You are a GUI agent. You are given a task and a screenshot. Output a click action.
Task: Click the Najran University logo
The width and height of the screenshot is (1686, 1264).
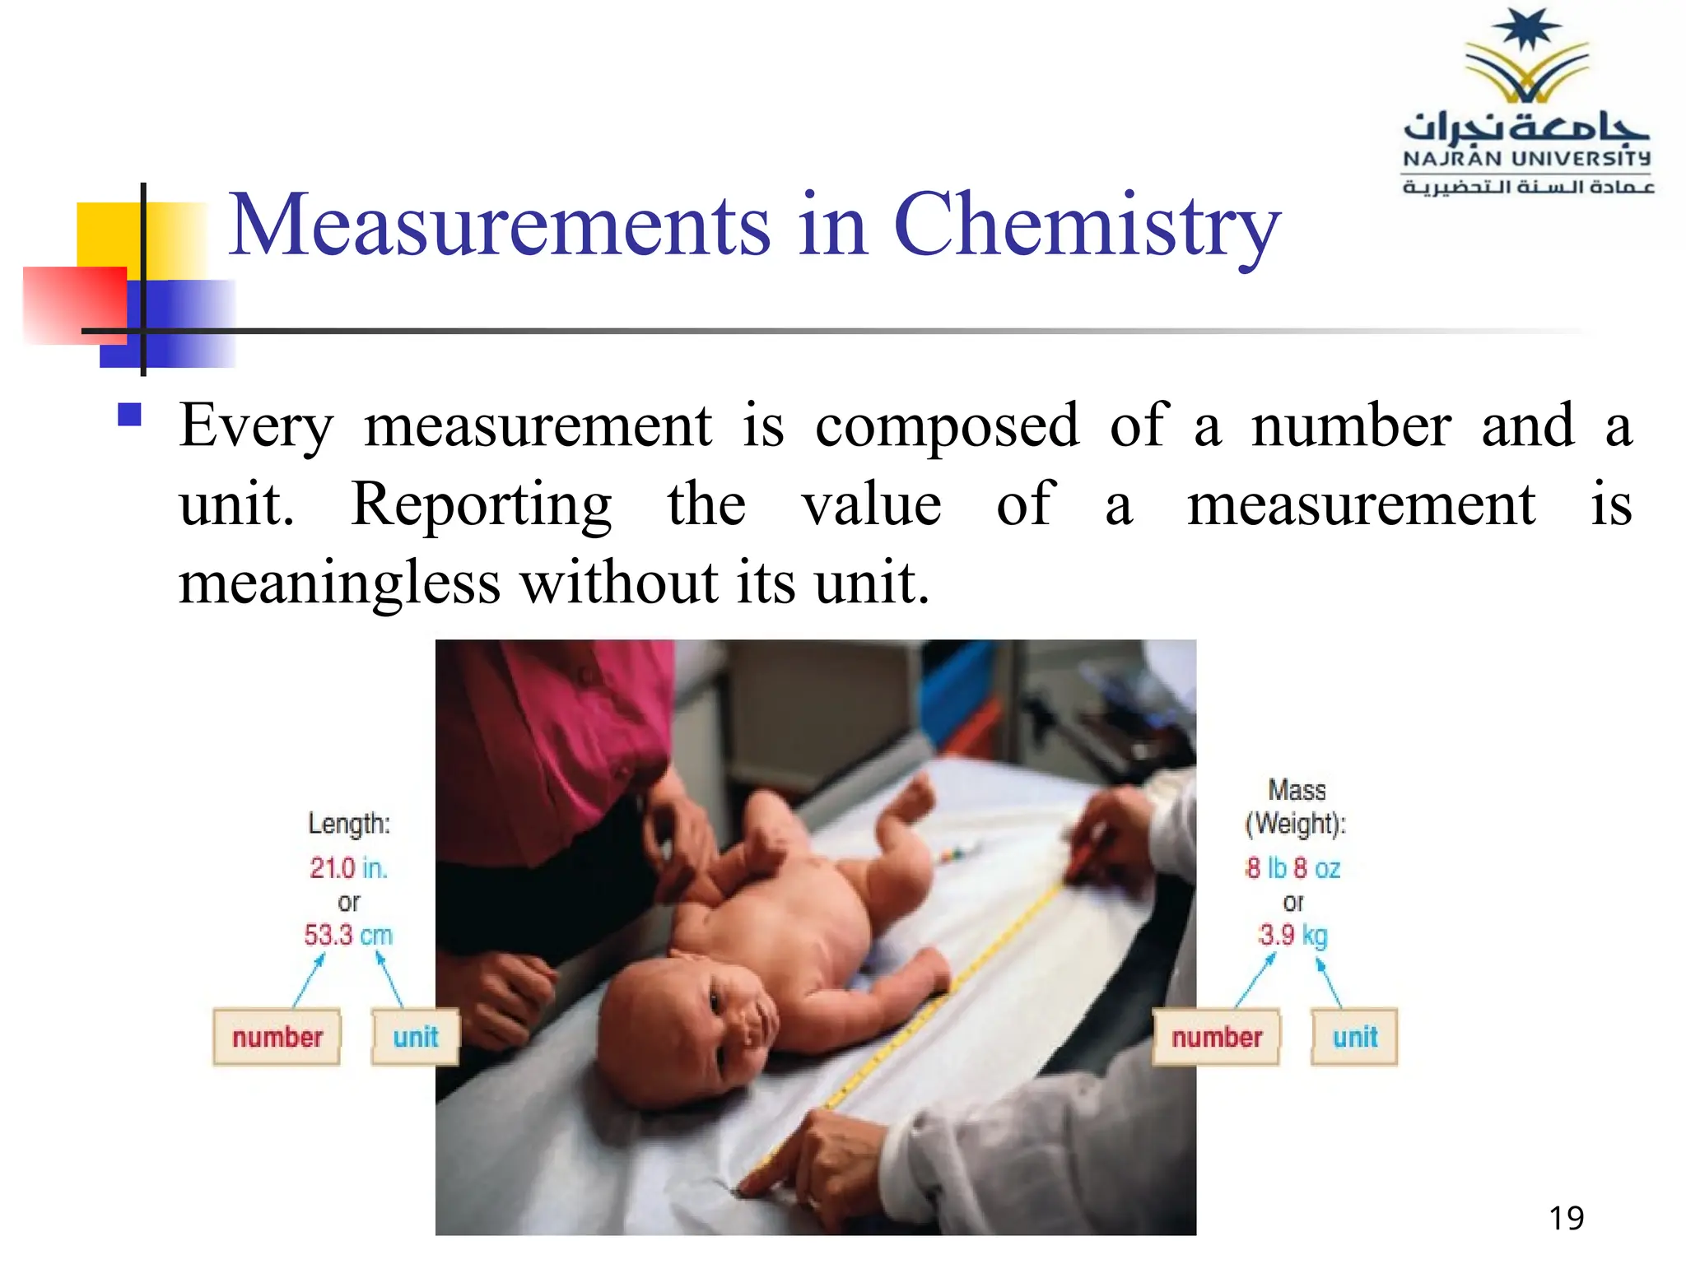tap(1528, 103)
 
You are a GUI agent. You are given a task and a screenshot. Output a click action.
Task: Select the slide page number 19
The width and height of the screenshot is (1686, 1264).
tap(1566, 1218)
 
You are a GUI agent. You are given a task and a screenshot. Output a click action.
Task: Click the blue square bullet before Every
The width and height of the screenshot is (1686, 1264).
tap(130, 413)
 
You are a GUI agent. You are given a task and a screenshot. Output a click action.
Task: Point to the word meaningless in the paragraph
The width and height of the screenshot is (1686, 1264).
tap(339, 583)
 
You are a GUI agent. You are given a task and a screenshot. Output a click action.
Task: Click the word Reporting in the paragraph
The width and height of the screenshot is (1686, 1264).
tap(482, 504)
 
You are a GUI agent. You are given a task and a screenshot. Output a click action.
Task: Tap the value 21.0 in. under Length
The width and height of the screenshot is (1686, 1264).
tap(348, 868)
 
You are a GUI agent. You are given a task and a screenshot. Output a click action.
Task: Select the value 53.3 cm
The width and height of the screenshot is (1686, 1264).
tap(348, 935)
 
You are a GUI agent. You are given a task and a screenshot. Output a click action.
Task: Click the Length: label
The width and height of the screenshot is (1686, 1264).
tap(349, 824)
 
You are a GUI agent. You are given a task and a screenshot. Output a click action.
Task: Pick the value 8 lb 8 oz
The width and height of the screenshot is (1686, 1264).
tap(1292, 868)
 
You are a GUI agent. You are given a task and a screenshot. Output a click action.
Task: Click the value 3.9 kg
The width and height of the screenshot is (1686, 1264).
tap(1292, 935)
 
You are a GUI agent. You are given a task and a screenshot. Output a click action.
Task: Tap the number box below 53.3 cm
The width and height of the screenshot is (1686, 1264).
tap(277, 1037)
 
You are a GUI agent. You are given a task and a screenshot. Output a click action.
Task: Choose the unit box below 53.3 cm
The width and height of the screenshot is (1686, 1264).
tap(415, 1037)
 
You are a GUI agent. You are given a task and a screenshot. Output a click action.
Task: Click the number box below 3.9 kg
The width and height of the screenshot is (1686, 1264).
tap(1217, 1037)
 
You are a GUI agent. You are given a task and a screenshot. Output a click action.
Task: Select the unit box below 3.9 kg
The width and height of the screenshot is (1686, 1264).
tap(1355, 1037)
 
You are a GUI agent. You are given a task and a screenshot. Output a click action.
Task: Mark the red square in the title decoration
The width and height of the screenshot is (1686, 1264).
tap(74, 304)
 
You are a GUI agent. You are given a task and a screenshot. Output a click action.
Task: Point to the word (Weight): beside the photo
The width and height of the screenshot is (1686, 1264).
tap(1296, 824)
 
